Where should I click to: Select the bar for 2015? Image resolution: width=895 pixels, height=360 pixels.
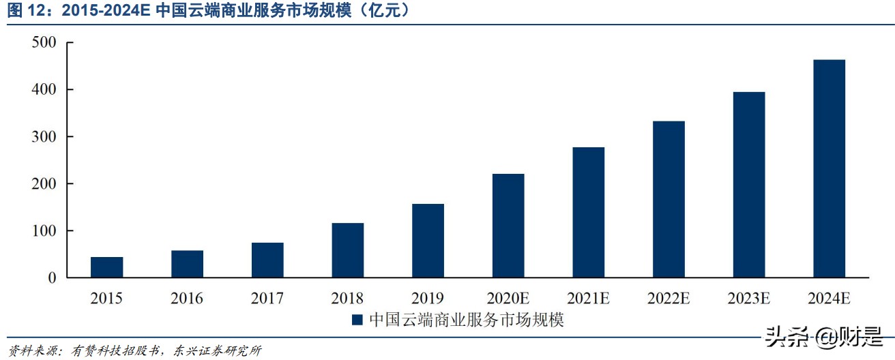coord(106,267)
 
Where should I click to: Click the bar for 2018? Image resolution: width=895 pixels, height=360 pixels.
coord(347,250)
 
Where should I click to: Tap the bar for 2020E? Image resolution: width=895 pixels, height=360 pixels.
coord(508,226)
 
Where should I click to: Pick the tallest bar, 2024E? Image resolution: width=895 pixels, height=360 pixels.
coord(830,168)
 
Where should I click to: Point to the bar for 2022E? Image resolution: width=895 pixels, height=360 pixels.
coord(669,199)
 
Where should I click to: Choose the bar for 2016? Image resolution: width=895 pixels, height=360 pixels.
coord(187,264)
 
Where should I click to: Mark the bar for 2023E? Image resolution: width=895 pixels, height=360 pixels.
coord(749,185)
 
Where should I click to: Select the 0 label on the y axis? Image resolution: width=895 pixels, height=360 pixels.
coord(51,278)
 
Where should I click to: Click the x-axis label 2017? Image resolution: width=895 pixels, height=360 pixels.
coord(267,298)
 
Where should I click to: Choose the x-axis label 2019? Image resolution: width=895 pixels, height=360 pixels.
coord(428,298)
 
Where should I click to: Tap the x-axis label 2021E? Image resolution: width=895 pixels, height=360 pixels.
coord(589,298)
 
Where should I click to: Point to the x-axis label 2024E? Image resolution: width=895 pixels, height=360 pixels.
coord(830,298)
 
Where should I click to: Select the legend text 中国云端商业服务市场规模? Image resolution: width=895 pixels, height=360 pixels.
coord(467,319)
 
